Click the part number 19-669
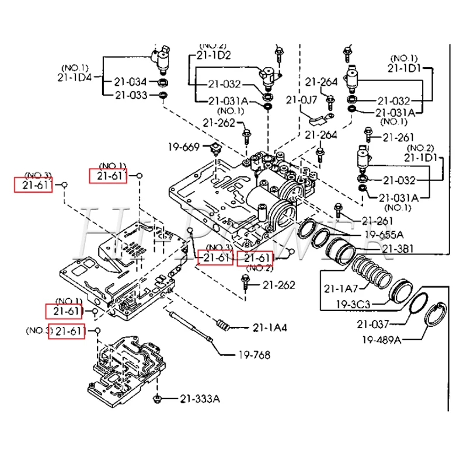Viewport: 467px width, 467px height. tap(185, 146)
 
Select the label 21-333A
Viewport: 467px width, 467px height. tap(200, 399)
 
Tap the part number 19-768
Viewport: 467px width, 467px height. tap(254, 354)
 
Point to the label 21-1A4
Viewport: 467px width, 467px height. tap(270, 327)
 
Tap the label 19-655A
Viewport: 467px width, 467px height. tap(384, 235)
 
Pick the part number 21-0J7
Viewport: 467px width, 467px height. tap(301, 100)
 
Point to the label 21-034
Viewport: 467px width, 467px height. tap(131, 82)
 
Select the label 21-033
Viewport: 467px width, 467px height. tap(131, 95)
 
